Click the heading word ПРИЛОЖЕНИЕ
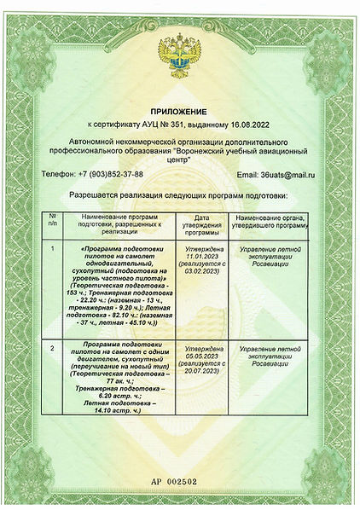coord(179,112)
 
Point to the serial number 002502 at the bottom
coord(186,482)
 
